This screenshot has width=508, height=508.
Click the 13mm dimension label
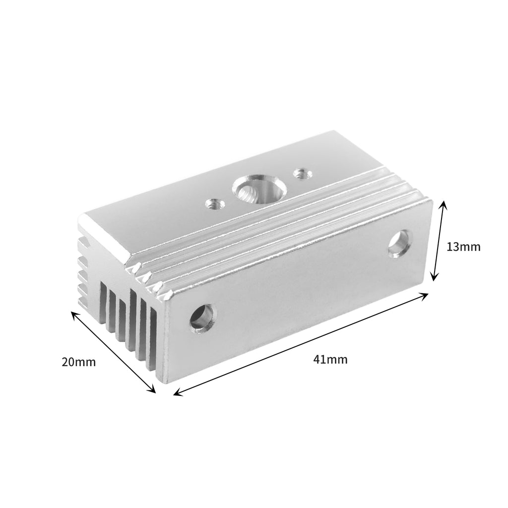point(463,247)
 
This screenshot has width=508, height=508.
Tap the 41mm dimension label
point(330,360)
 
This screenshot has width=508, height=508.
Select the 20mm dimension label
point(79,362)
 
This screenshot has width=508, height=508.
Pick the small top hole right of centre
point(300,174)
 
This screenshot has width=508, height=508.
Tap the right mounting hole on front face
point(400,243)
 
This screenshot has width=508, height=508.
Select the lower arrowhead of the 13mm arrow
point(434,278)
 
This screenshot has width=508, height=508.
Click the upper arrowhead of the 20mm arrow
point(74,314)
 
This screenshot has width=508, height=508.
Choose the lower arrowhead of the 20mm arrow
point(153,390)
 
